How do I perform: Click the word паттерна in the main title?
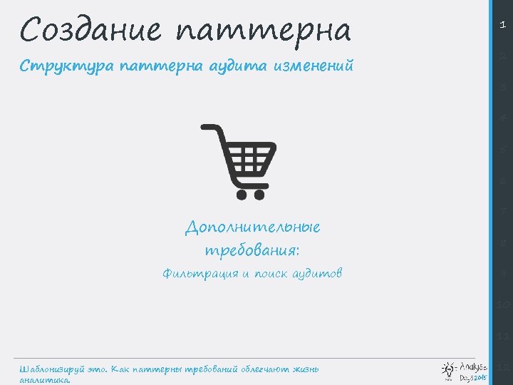(x=264, y=31)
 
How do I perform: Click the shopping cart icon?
(x=239, y=161)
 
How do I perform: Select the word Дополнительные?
(x=252, y=228)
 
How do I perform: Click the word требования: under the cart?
(x=252, y=251)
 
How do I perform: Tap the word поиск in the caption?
(x=270, y=274)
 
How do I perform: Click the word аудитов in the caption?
(x=316, y=274)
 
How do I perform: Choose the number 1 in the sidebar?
(x=503, y=24)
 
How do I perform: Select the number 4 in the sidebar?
(x=503, y=118)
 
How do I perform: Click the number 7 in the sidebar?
(x=503, y=212)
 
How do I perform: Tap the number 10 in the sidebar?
(x=503, y=304)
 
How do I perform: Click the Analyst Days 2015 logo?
(x=465, y=370)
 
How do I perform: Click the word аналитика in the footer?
(x=44, y=380)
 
